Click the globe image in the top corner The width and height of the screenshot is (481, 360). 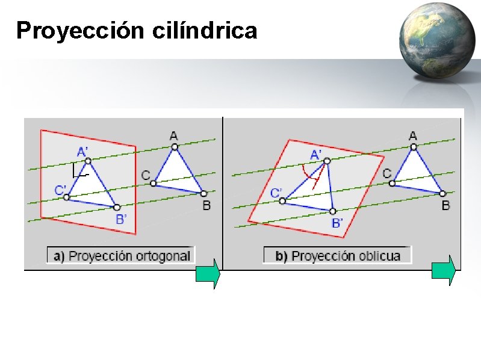pyautogui.click(x=436, y=40)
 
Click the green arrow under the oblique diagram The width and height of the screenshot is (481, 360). pyautogui.click(x=444, y=270)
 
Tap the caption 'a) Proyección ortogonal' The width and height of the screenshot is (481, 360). pyautogui.click(x=122, y=256)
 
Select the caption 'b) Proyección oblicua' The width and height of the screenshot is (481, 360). pyautogui.click(x=338, y=256)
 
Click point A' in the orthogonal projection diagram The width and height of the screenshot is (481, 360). pyautogui.click(x=88, y=161)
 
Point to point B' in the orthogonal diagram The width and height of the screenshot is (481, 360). pyautogui.click(x=116, y=207)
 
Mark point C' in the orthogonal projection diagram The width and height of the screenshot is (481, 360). pyautogui.click(x=67, y=197)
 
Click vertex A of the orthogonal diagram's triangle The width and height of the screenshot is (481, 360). pyautogui.click(x=174, y=146)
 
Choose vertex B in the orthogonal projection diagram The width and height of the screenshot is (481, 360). pyautogui.click(x=203, y=193)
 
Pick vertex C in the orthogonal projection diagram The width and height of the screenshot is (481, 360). pyautogui.click(x=154, y=183)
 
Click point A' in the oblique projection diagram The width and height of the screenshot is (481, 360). pyautogui.click(x=327, y=161)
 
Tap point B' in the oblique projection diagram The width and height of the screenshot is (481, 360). pyautogui.click(x=332, y=211)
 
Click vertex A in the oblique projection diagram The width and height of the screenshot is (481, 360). pyautogui.click(x=412, y=146)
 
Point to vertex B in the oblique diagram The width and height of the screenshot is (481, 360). pyautogui.click(x=442, y=193)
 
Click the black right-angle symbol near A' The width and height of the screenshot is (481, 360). pyautogui.click(x=77, y=172)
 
